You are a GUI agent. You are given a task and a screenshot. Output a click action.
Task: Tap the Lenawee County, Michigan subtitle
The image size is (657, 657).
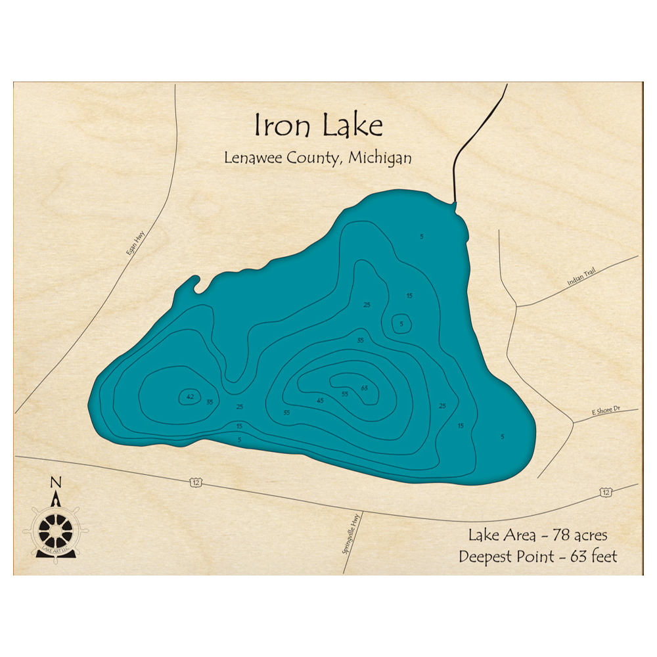pos(318,158)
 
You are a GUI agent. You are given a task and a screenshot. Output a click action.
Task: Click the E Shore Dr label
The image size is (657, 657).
pos(605,410)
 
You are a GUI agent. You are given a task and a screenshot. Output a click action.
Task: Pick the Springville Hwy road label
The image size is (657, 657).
pos(352,533)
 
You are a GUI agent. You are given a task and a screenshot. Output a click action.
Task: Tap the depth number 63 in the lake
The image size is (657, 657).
pos(365,388)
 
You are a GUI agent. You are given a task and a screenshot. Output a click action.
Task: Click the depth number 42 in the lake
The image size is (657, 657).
pos(190,396)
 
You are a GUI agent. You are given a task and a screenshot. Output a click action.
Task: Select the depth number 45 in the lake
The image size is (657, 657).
pos(321,400)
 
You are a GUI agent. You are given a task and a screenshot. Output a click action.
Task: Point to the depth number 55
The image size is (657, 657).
pos(344,394)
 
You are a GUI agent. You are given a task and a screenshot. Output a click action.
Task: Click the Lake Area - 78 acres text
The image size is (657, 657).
pos(537,534)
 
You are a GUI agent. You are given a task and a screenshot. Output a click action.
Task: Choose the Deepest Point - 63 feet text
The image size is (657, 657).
pos(537,556)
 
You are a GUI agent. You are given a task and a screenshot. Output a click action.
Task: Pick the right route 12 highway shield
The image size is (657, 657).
pos(605,491)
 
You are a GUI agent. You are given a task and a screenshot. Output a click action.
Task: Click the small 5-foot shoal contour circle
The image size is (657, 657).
pos(401,323)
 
